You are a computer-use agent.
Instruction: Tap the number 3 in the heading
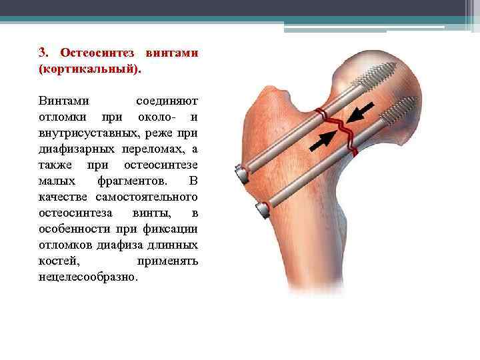[x=43, y=52]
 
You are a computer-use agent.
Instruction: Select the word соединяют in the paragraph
[x=167, y=101]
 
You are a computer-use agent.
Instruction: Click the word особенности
[x=74, y=229]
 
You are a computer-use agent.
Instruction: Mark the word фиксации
[x=173, y=229]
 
